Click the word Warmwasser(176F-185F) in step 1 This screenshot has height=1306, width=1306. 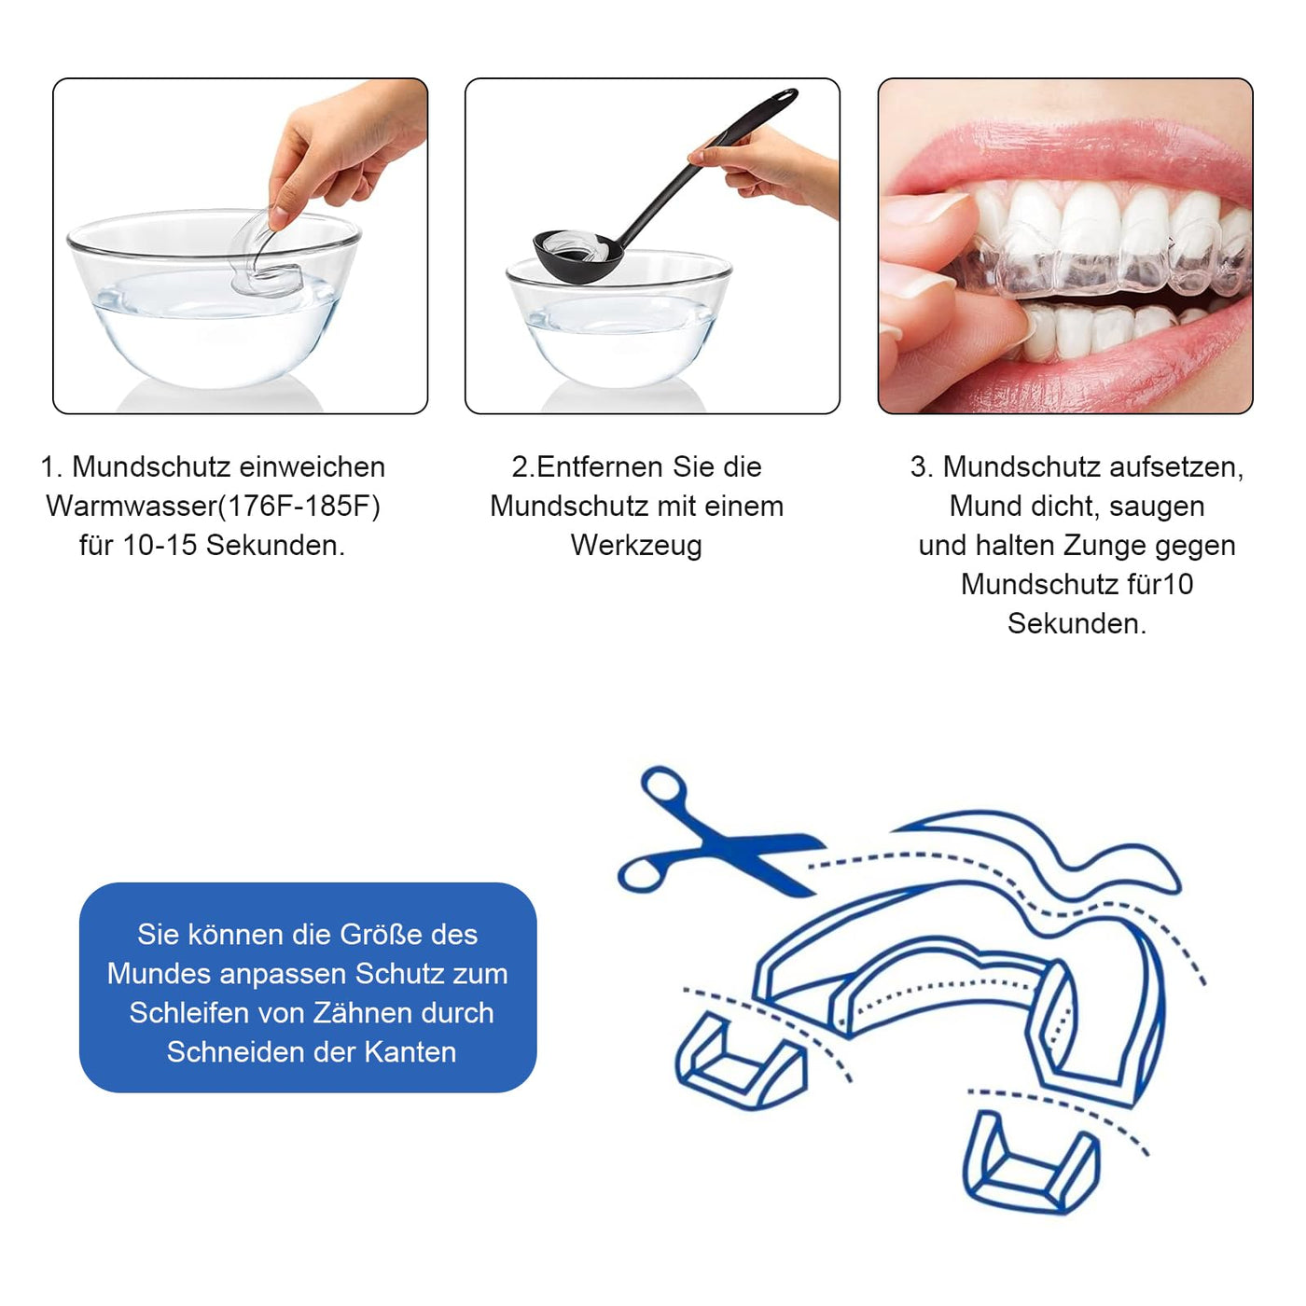click(214, 507)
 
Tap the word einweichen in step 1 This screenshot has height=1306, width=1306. click(313, 466)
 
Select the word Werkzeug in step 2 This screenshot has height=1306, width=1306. click(636, 546)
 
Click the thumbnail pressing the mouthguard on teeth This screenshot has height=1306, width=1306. click(925, 208)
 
